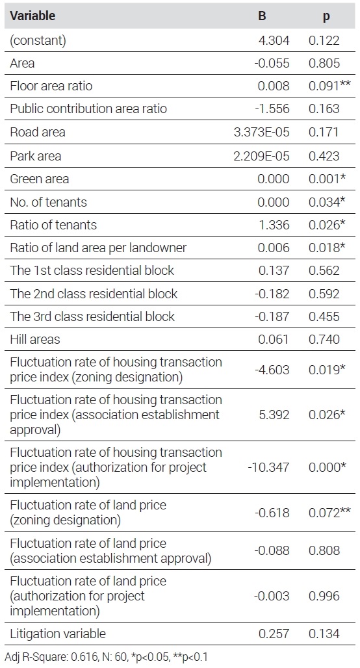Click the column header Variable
pyautogui.click(x=32, y=16)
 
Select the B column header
pyautogui.click(x=262, y=16)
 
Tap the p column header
pyautogui.click(x=326, y=17)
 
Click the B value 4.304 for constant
pyautogui.click(x=274, y=40)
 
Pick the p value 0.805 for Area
pyautogui.click(x=324, y=64)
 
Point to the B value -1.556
pyautogui.click(x=272, y=109)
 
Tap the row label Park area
pyautogui.click(x=35, y=156)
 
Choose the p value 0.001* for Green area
pyautogui.click(x=327, y=179)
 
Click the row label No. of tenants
pyautogui.click(x=48, y=202)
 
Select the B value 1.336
pyautogui.click(x=274, y=225)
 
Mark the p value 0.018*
pyautogui.click(x=327, y=248)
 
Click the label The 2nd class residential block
pyautogui.click(x=94, y=294)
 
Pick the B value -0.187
pyautogui.click(x=272, y=316)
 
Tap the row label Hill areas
pyautogui.click(x=35, y=340)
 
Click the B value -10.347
pyautogui.click(x=268, y=467)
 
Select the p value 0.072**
pyautogui.click(x=329, y=513)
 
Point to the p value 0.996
pyautogui.click(x=324, y=596)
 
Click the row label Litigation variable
pyautogui.click(x=58, y=634)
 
